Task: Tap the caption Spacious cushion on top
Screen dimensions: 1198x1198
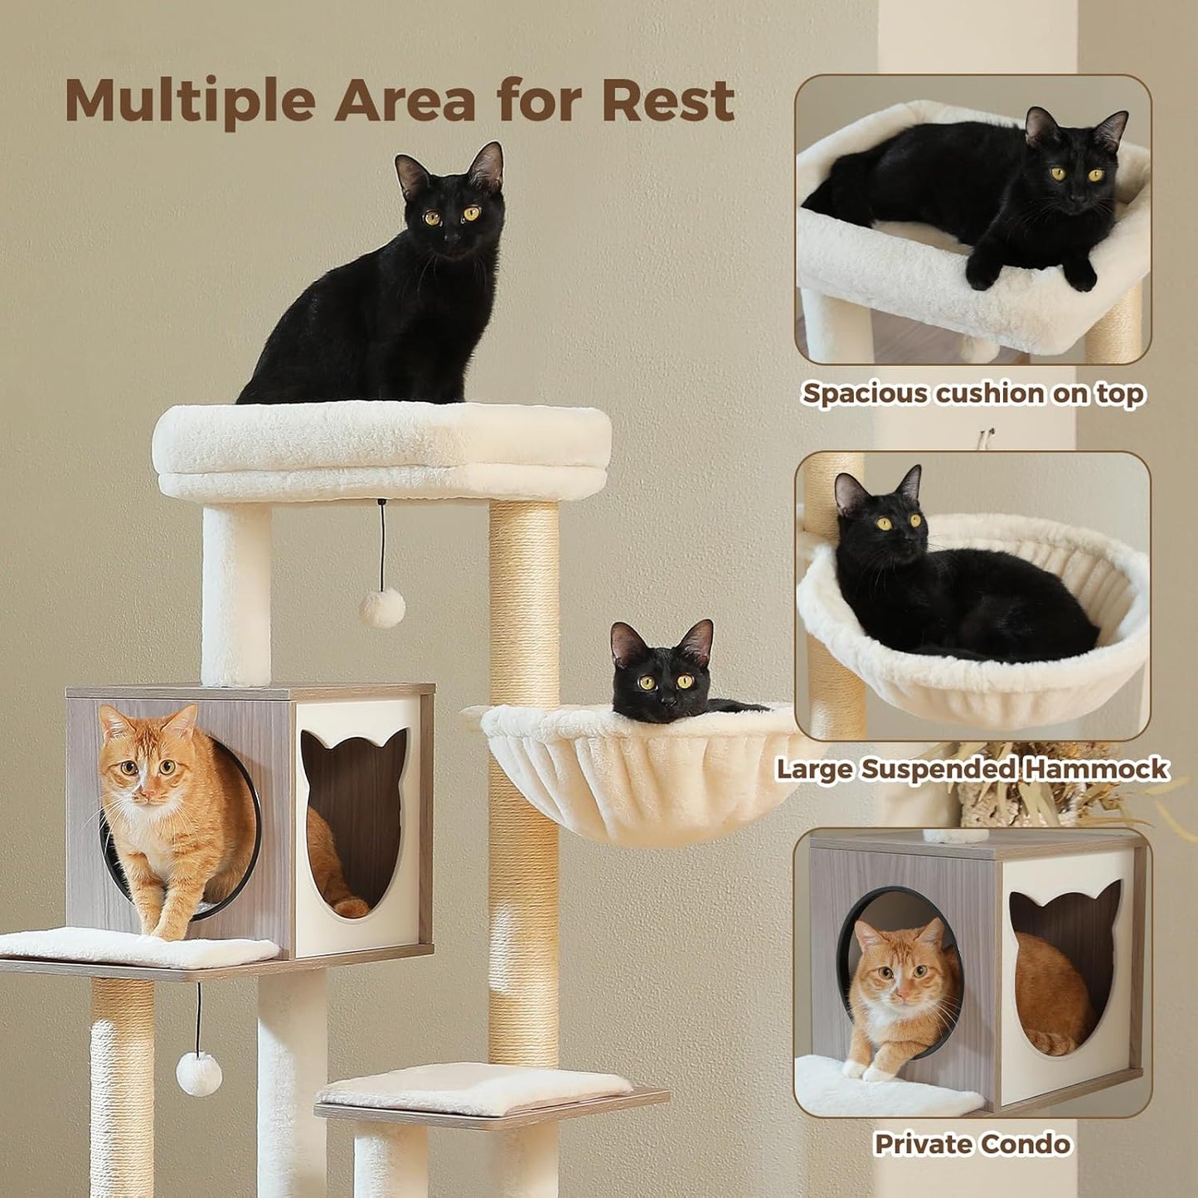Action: pyautogui.click(x=973, y=394)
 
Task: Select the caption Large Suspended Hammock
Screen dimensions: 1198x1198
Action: pyautogui.click(x=972, y=769)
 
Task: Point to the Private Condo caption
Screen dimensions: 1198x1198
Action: pyautogui.click(x=972, y=1145)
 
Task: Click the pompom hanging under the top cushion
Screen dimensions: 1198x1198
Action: pyautogui.click(x=382, y=609)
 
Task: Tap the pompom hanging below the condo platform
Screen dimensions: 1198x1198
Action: pyautogui.click(x=199, y=1074)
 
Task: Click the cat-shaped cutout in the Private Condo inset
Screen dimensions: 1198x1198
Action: pyautogui.click(x=1064, y=963)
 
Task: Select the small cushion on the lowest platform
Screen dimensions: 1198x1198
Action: pyautogui.click(x=474, y=1088)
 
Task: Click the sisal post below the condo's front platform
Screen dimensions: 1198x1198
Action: pyautogui.click(x=122, y=1086)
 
